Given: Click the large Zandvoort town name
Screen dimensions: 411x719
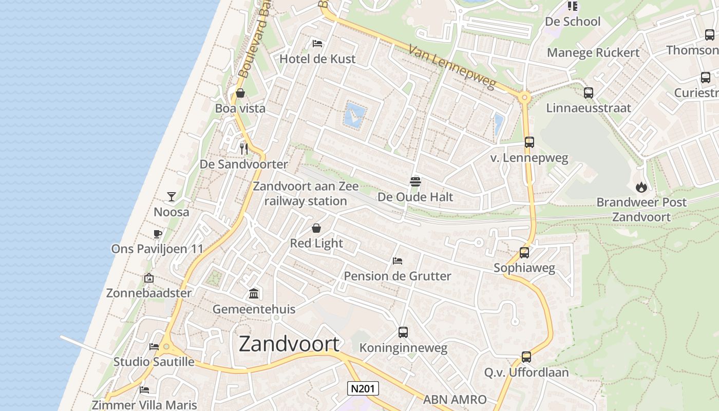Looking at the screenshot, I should click(x=289, y=344).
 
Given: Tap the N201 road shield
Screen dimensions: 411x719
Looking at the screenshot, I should click(x=363, y=388).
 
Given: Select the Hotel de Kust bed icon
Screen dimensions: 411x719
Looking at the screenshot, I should click(x=317, y=43).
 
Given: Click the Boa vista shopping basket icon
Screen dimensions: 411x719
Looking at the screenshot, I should click(x=240, y=93).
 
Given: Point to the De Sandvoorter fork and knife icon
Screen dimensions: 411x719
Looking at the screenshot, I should click(x=244, y=149).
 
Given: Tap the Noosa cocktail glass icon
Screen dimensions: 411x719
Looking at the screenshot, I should click(x=172, y=197).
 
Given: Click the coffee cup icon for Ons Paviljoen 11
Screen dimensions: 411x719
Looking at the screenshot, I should click(x=158, y=234).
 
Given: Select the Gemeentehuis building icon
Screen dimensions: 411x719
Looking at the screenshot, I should click(x=254, y=294).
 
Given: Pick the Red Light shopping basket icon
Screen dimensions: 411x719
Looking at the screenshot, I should click(x=316, y=228).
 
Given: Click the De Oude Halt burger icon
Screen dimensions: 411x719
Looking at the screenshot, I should click(x=415, y=181).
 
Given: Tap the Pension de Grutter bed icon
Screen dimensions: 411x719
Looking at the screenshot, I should click(x=397, y=261).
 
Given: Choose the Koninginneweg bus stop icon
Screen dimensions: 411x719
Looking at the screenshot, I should click(x=403, y=332).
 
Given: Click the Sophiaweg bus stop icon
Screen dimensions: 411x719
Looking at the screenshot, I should click(x=524, y=253).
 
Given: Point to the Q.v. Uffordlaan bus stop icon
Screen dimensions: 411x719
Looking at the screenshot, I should click(x=526, y=357).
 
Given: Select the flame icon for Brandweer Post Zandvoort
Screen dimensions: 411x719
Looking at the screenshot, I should click(x=641, y=187).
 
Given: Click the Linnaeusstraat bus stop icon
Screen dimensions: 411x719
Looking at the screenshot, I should click(x=589, y=93).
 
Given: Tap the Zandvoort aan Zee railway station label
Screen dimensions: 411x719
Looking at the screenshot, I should click(x=306, y=194).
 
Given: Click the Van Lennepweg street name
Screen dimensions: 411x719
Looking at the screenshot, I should click(x=452, y=67).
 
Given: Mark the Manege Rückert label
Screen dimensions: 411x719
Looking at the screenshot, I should click(x=593, y=52).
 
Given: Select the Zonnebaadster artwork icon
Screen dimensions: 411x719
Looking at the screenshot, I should click(x=149, y=278).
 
